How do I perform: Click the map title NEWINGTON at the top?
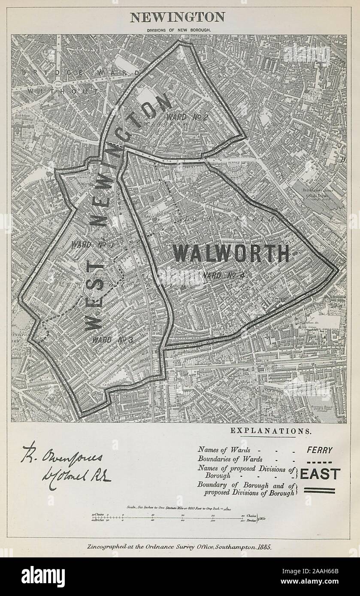pos(177,17)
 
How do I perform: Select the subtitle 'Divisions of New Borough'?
pos(177,30)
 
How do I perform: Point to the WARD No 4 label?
pos(224,276)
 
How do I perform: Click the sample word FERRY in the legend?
pos(319,450)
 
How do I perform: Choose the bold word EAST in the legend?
pos(320,474)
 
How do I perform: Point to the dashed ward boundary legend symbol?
pos(319,461)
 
